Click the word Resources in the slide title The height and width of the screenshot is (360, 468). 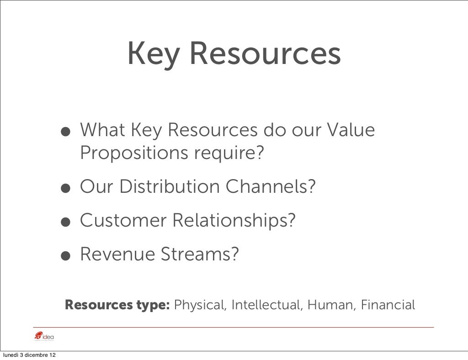pyautogui.click(x=265, y=54)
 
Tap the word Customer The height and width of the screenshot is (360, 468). pyautogui.click(x=122, y=221)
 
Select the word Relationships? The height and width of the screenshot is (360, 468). pyautogui.click(x=234, y=221)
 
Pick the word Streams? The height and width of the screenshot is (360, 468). pyautogui.click(x=198, y=254)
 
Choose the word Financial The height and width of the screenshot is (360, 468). pyautogui.click(x=388, y=305)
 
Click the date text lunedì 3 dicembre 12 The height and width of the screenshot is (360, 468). pyautogui.click(x=30, y=355)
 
